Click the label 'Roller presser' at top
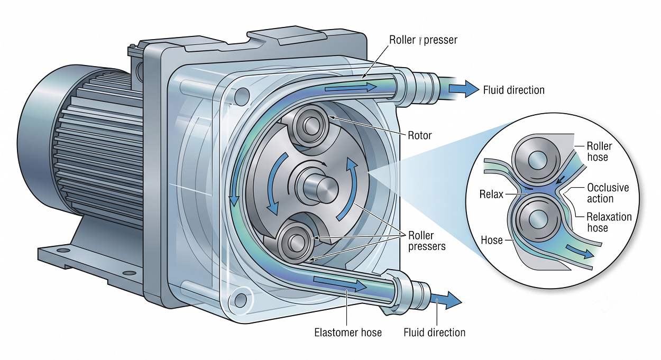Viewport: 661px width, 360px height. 423,40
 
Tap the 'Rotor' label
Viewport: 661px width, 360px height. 420,135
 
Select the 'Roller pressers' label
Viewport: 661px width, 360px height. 427,241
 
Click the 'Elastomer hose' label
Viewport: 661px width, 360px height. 348,333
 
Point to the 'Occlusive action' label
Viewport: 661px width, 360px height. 608,193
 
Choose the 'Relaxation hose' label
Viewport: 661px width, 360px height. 609,222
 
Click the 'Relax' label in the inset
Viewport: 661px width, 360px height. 491,194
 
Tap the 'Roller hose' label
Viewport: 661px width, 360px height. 599,151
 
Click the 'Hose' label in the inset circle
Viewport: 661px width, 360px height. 492,240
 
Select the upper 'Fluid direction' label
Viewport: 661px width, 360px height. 514,90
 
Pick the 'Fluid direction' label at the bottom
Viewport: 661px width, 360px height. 434,333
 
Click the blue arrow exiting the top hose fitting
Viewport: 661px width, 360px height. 464,88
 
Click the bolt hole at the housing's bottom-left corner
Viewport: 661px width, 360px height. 241,300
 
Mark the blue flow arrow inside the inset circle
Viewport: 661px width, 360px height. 580,252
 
